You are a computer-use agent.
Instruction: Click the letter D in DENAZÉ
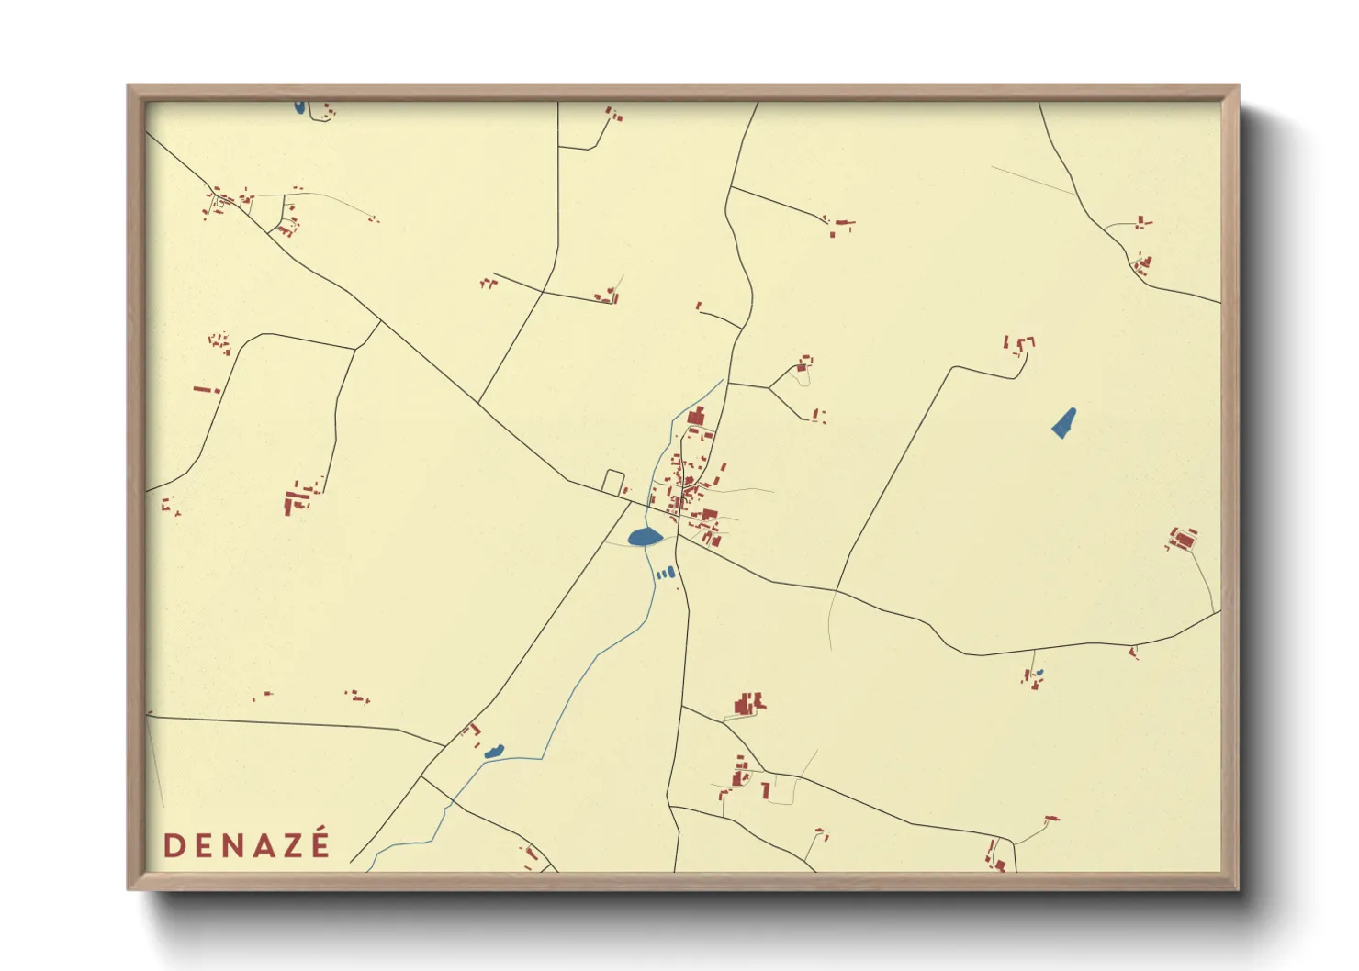pyautogui.click(x=174, y=846)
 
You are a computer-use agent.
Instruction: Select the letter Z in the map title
pyautogui.click(x=290, y=846)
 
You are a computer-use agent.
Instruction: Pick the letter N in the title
pyautogui.click(x=231, y=846)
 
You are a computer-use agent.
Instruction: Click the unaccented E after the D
pyautogui.click(x=203, y=846)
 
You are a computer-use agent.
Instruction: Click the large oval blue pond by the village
pyautogui.click(x=645, y=537)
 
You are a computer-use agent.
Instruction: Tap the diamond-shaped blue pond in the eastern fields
pyautogui.click(x=1063, y=423)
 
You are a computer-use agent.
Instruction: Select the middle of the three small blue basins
pyautogui.click(x=665, y=574)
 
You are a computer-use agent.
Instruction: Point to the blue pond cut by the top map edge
pyautogui.click(x=299, y=107)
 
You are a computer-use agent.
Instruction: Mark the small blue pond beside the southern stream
pyautogui.click(x=494, y=752)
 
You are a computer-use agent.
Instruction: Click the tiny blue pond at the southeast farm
pyautogui.click(x=1039, y=674)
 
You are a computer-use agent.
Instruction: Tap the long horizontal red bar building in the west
pyautogui.click(x=206, y=389)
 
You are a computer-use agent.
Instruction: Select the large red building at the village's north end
pyautogui.click(x=695, y=417)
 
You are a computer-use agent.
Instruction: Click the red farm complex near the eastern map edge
pyautogui.click(x=1183, y=539)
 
